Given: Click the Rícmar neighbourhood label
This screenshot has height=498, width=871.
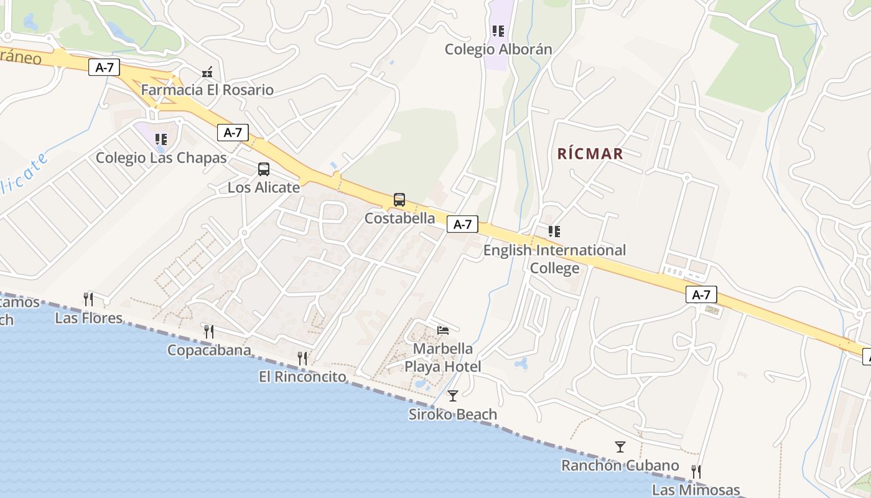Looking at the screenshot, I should point(590,154).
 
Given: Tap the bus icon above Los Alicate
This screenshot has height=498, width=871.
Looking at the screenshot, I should point(264,169).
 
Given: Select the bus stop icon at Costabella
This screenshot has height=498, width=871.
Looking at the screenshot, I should point(399,200).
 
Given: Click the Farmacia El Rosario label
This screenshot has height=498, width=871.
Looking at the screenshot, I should point(207,90).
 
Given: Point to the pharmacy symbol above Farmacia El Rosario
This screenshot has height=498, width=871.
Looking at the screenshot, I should point(207,72).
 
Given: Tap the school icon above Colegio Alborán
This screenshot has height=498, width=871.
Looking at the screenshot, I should point(498,31).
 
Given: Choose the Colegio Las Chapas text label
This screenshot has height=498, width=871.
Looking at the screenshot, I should point(161,158).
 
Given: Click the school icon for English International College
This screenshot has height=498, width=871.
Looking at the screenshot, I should point(554,232).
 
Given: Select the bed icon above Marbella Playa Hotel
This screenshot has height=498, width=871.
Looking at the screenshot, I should point(443,330).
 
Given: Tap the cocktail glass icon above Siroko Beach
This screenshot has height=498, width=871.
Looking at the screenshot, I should point(453,395).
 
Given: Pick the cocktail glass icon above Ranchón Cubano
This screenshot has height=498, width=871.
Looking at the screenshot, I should point(620,446).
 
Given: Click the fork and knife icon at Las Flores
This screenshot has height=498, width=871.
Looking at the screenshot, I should point(88,299).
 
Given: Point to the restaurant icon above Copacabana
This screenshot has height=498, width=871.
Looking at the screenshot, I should point(209,331).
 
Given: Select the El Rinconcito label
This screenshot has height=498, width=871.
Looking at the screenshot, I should point(302,377).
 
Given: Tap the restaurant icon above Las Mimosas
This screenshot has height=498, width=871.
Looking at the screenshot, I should point(696,471).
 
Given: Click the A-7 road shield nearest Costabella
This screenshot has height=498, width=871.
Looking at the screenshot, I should point(462,225).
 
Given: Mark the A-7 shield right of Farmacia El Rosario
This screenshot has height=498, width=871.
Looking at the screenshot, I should point(233,132).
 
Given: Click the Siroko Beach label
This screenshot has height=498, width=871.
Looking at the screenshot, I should point(453,415).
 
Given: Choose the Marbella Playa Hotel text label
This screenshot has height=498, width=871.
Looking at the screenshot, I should point(443,357).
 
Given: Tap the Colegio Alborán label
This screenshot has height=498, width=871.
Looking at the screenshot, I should point(498,50).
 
